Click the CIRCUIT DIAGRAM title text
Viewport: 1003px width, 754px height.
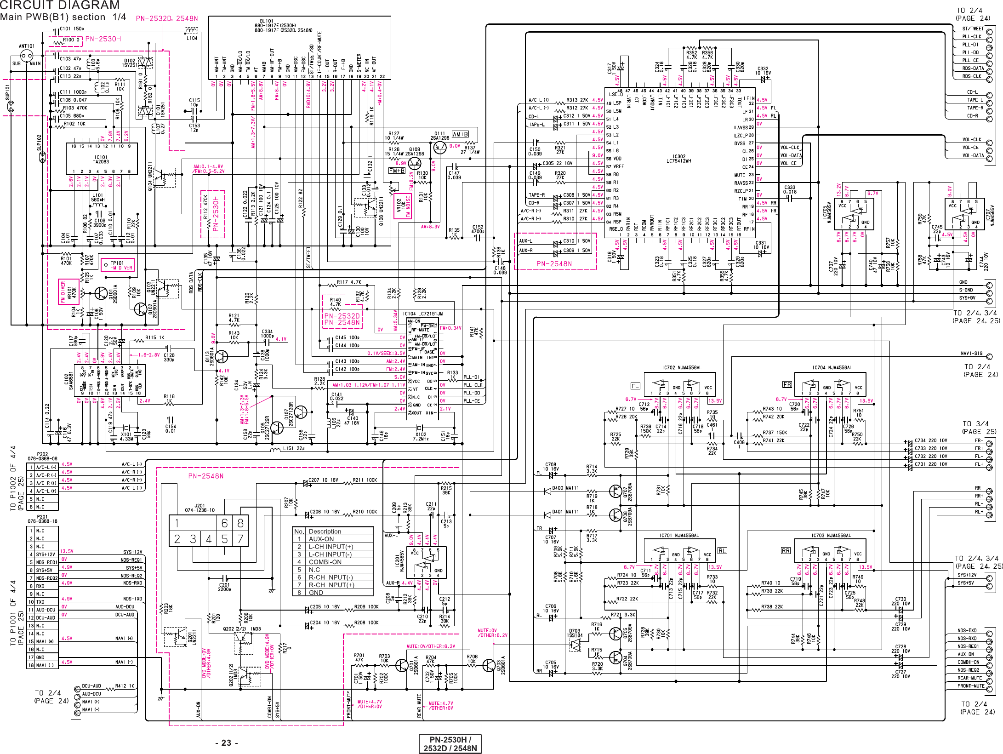(60, 6)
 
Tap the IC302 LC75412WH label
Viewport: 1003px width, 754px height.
(679, 159)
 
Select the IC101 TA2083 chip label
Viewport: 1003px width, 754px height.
(101, 159)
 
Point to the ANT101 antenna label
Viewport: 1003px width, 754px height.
(27, 46)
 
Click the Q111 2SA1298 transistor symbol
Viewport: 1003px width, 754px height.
(439, 148)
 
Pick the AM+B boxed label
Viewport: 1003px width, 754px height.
(460, 134)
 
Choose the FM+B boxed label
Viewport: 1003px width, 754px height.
(397, 171)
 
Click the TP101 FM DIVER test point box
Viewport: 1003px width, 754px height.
(118, 265)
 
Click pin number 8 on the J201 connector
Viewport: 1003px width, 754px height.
(240, 523)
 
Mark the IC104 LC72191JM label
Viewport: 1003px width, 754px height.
(423, 314)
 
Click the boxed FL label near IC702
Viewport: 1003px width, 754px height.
(635, 386)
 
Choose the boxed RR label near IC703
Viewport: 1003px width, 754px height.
(785, 550)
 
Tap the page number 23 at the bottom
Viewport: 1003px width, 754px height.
(226, 743)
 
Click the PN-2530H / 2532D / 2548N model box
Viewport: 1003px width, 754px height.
(450, 744)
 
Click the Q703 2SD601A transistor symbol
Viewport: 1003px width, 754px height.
(489, 665)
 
